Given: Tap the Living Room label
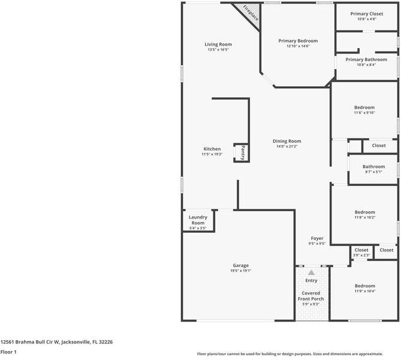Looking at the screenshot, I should pyautogui.click(x=218, y=44).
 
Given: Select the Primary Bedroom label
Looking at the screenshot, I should pyautogui.click(x=298, y=41).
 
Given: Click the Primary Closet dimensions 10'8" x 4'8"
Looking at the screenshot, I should pyautogui.click(x=366, y=19).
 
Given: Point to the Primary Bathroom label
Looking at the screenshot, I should pyautogui.click(x=366, y=60).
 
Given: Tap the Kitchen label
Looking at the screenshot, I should pyautogui.click(x=212, y=149).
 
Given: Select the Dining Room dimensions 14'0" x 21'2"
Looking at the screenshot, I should pyautogui.click(x=287, y=146).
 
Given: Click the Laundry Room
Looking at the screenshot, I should pyautogui.click(x=198, y=220).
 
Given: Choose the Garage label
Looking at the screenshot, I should pyautogui.click(x=241, y=265).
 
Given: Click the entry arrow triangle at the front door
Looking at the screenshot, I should pyautogui.click(x=311, y=272).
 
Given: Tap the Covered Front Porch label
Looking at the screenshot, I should pyautogui.click(x=311, y=296).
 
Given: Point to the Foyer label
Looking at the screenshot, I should pyautogui.click(x=316, y=239).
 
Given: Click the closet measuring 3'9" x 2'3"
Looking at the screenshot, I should pyautogui.click(x=361, y=253).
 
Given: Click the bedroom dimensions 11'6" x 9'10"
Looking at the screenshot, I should pyautogui.click(x=364, y=113).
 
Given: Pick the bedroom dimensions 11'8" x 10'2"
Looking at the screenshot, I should pyautogui.click(x=364, y=218).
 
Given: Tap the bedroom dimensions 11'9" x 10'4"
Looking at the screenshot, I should pyautogui.click(x=364, y=292).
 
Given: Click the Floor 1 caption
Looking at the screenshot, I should pyautogui.click(x=8, y=352).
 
